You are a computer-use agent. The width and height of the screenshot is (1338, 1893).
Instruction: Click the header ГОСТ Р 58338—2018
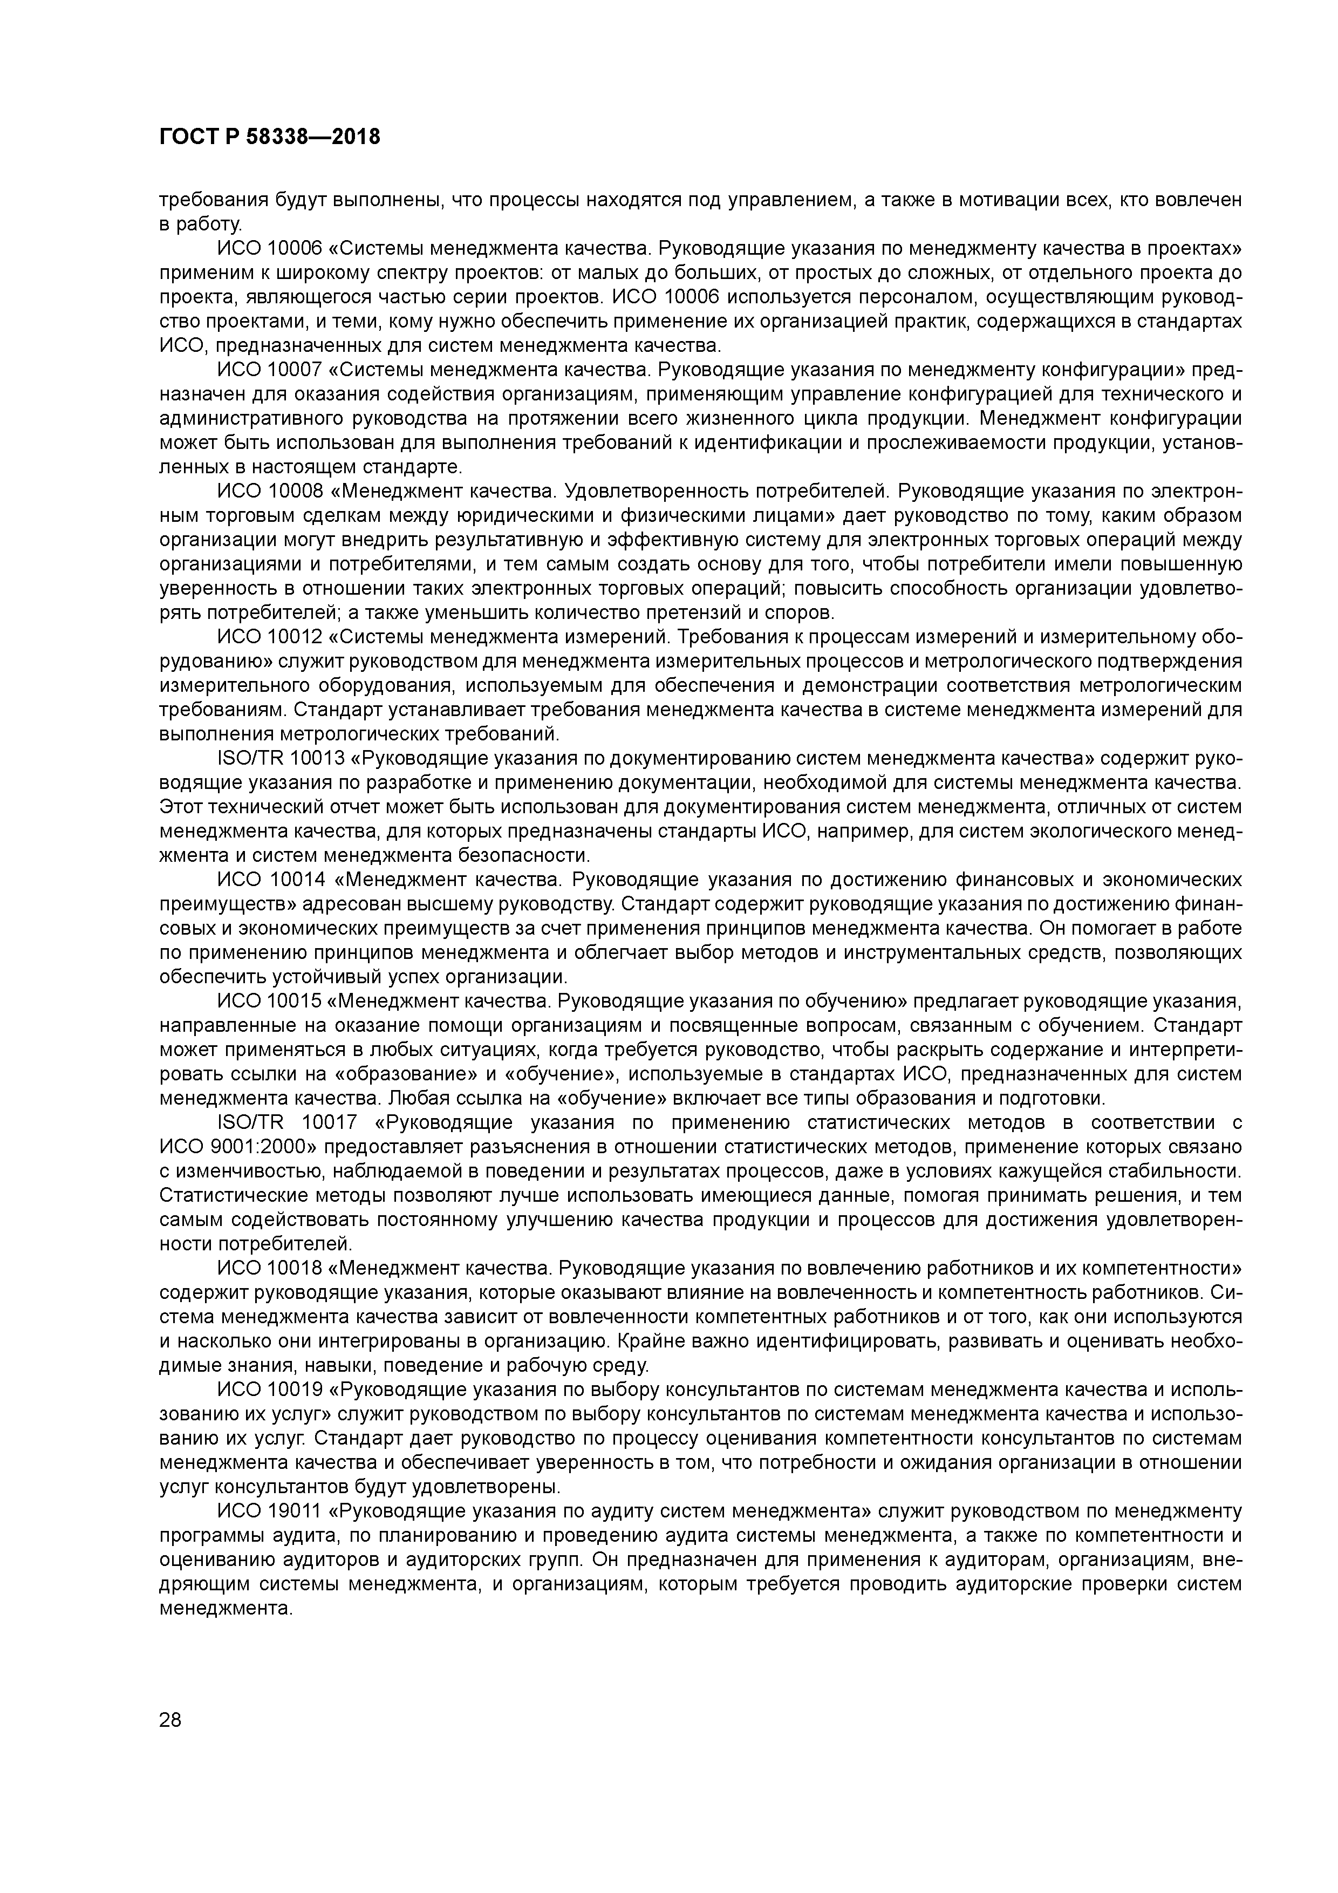tap(270, 137)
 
